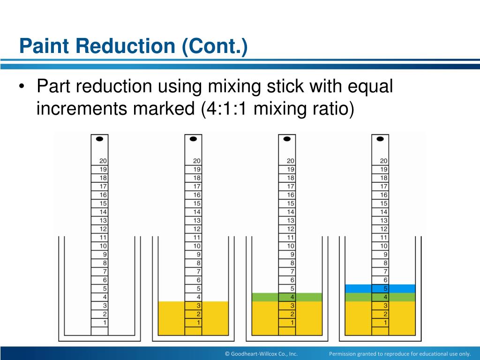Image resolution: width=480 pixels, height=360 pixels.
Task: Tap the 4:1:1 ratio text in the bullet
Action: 223,109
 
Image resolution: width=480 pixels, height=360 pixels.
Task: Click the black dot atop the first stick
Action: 99,139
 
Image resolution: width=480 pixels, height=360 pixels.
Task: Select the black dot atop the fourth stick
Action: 380,139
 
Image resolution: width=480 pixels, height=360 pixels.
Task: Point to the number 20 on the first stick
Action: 103,161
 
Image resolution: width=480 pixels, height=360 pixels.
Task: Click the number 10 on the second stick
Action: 197,246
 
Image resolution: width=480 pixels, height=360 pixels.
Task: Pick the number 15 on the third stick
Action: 291,203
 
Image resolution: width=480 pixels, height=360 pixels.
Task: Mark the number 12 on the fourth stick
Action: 384,229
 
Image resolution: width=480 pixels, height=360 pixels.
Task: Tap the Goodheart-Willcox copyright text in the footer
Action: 261,353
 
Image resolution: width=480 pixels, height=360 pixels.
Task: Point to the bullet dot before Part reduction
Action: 23,87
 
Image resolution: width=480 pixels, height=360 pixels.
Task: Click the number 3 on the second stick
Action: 199,306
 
